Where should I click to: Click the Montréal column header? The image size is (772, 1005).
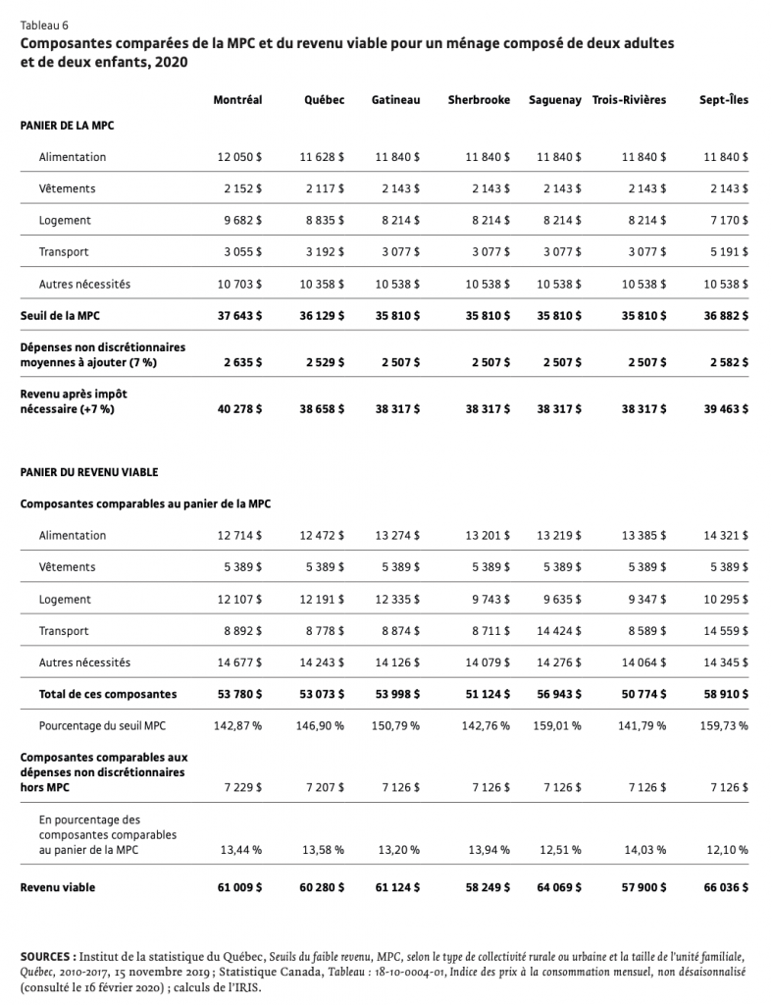click(x=237, y=100)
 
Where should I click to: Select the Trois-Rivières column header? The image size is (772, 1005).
click(x=629, y=100)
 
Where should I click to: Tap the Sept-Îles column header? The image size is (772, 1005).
click(x=723, y=100)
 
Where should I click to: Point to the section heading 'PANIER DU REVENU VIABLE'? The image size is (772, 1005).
click(x=88, y=472)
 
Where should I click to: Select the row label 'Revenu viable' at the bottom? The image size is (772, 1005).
click(x=58, y=887)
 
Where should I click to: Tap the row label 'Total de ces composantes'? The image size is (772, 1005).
click(x=108, y=694)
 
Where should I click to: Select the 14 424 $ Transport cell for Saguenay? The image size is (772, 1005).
click(x=559, y=631)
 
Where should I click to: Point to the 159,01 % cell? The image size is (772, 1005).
click(x=557, y=726)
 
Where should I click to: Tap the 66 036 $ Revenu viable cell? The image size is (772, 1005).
click(x=725, y=887)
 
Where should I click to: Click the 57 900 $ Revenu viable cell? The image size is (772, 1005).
click(x=643, y=887)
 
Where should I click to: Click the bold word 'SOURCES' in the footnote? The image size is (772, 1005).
click(x=45, y=954)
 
